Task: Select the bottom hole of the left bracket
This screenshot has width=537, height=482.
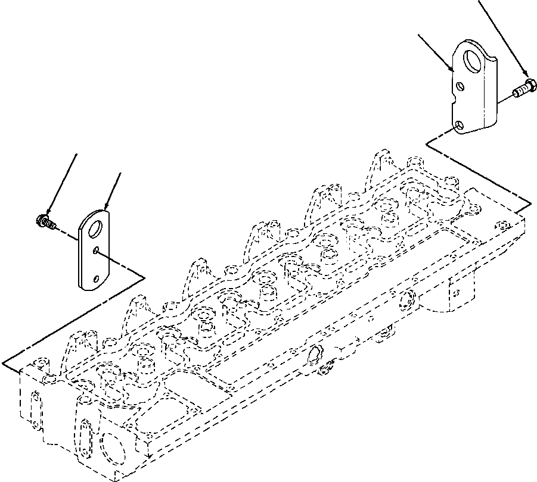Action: pyautogui.click(x=97, y=277)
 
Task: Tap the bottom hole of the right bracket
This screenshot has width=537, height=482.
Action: pyautogui.click(x=458, y=126)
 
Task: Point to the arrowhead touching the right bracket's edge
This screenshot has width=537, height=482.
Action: pyautogui.click(x=452, y=70)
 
